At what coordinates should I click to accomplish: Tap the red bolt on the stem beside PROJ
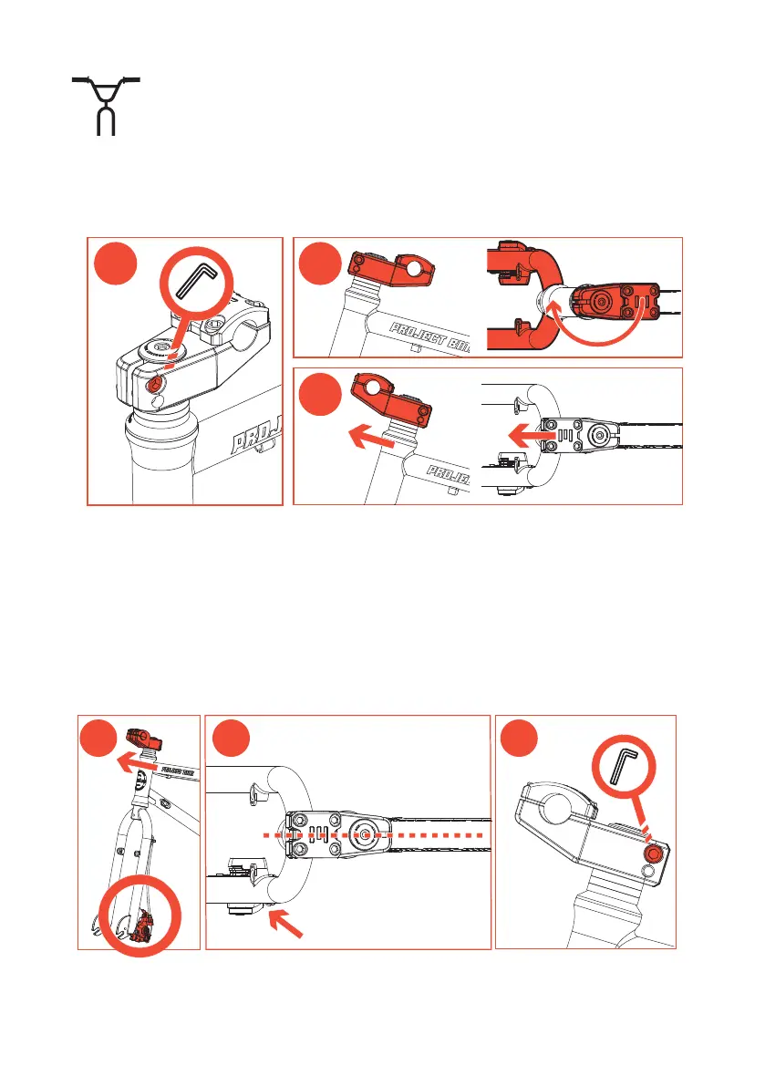(155, 386)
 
